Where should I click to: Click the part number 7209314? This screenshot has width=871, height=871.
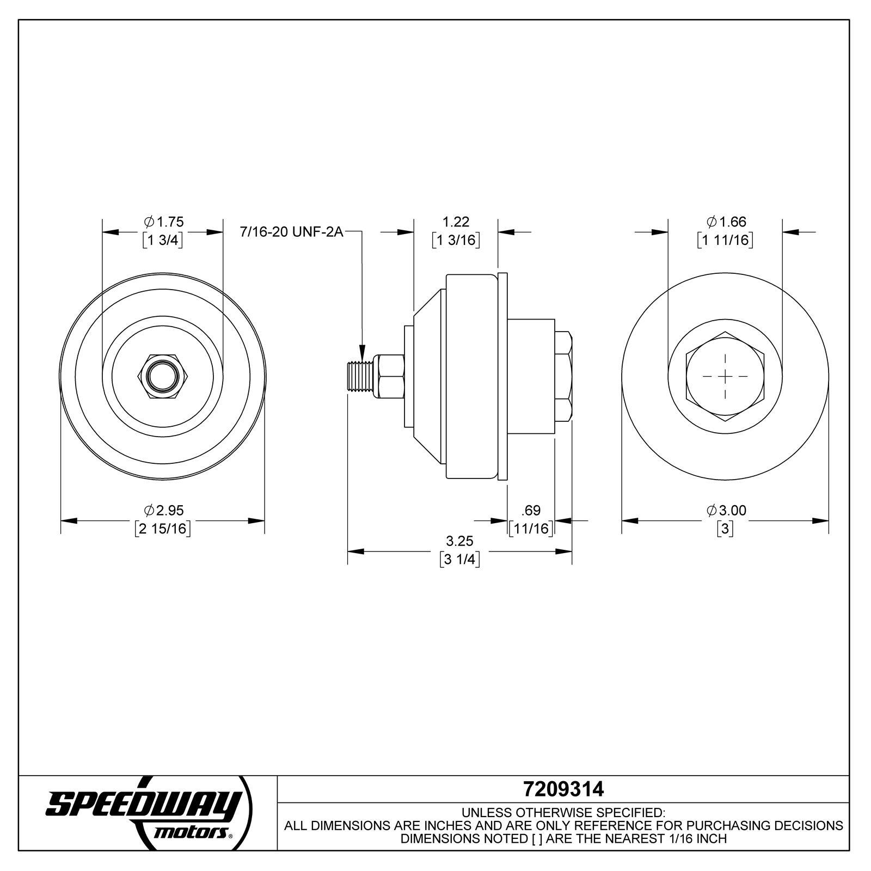(x=563, y=789)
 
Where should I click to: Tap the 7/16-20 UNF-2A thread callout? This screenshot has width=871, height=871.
(x=291, y=232)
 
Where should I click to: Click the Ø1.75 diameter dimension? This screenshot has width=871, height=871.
(x=163, y=222)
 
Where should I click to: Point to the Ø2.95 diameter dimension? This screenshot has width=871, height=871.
(x=163, y=511)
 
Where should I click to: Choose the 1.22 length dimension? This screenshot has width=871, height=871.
(x=456, y=222)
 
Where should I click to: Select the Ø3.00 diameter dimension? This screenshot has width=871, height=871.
(x=726, y=511)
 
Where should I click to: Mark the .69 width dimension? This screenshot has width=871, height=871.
(x=531, y=511)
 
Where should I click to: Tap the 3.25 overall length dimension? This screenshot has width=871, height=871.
(x=459, y=541)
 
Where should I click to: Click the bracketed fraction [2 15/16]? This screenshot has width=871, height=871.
(x=163, y=529)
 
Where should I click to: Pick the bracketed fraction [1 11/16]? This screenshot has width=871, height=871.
(x=725, y=240)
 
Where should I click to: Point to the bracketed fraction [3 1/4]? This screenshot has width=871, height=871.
(x=459, y=560)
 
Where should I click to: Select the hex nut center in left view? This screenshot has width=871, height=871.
(x=162, y=376)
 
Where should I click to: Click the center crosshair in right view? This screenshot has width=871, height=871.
(x=725, y=376)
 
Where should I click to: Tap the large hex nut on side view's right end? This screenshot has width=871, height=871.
(x=563, y=376)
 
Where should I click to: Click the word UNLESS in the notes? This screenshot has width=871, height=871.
(x=485, y=813)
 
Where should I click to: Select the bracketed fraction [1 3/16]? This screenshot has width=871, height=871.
(x=456, y=240)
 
